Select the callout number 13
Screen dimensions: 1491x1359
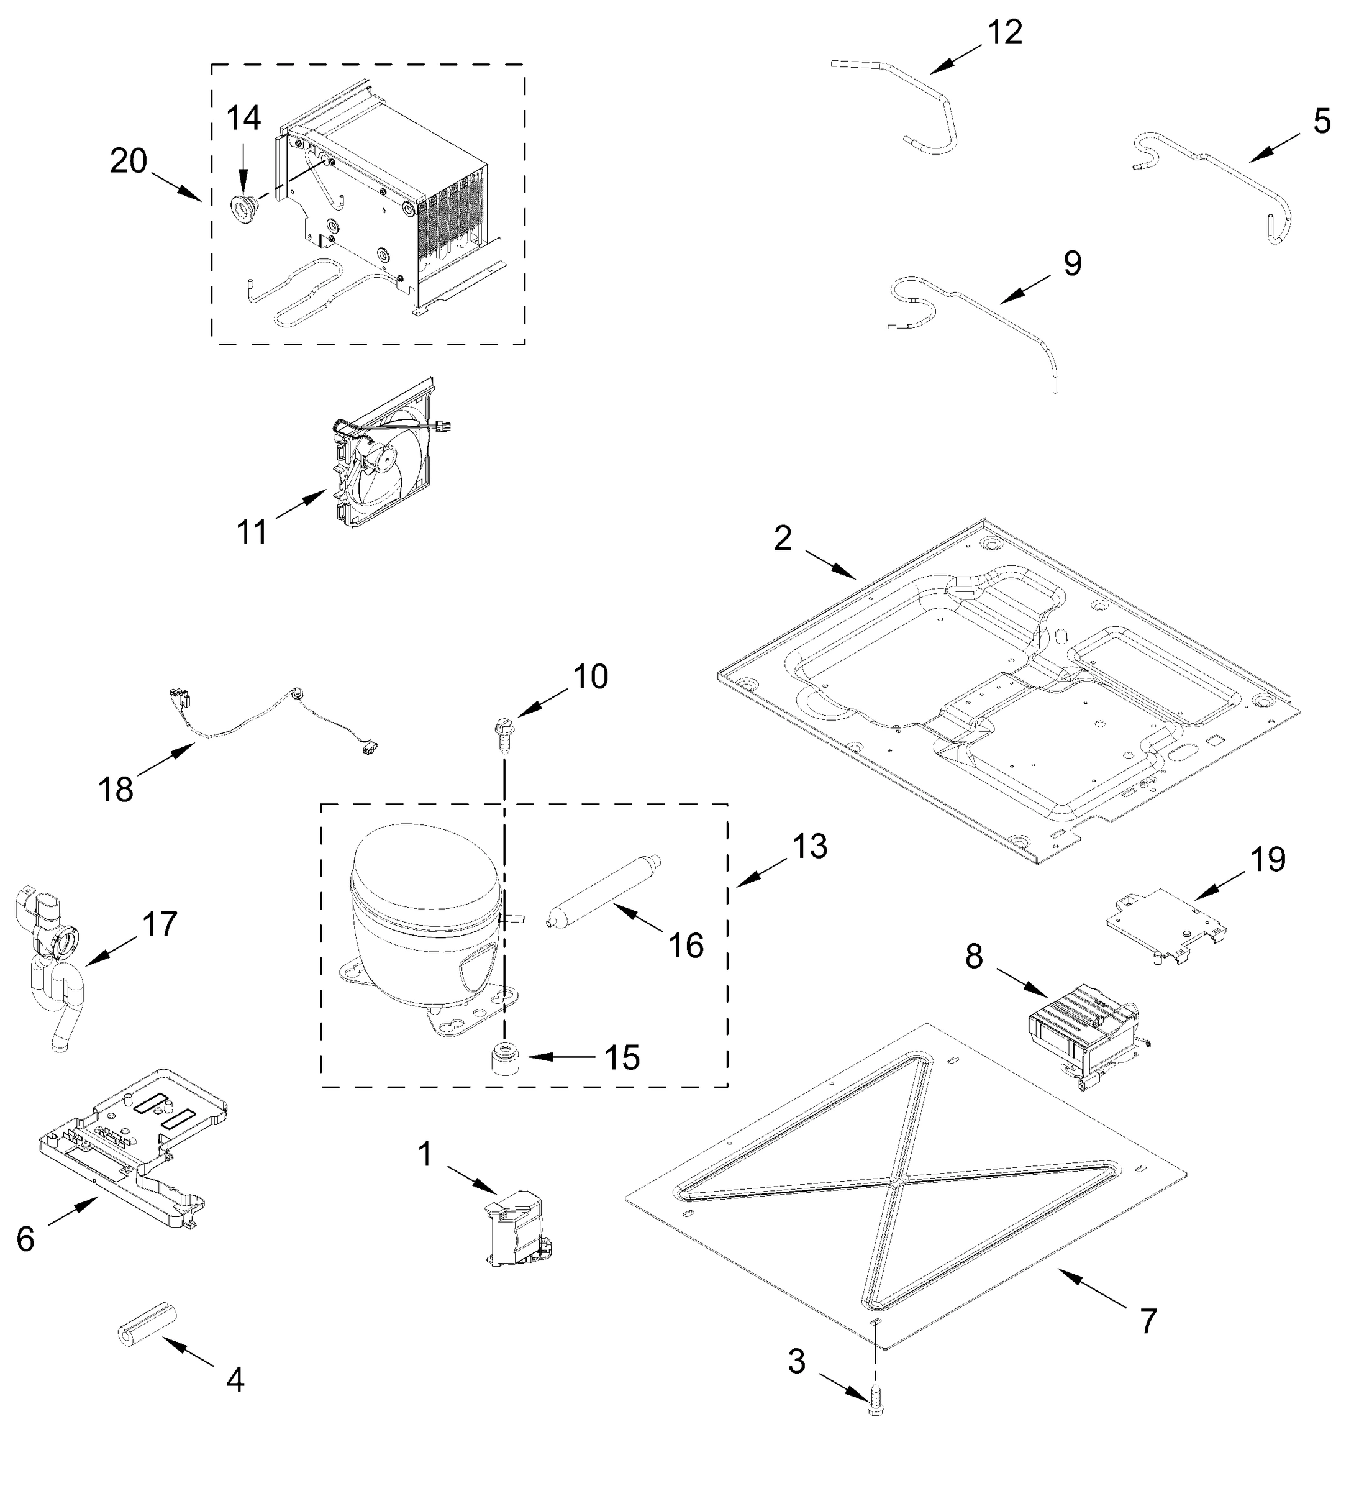(810, 846)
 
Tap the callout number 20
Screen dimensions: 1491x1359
(129, 162)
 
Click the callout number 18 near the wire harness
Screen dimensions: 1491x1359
(116, 789)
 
